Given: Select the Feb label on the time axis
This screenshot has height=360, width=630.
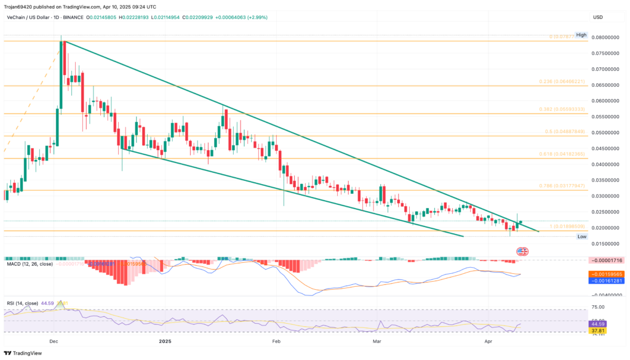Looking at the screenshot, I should (276, 340).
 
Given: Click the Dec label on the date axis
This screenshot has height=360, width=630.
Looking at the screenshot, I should (54, 340).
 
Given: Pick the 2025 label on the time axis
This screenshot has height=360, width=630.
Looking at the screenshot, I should (165, 340).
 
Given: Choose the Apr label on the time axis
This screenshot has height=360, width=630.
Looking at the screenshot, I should (488, 340).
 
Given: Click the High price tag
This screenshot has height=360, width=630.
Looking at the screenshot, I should (581, 35).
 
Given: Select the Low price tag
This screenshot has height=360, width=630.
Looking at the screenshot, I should (581, 236).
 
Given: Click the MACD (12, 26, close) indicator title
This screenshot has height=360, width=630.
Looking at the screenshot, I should (28, 264).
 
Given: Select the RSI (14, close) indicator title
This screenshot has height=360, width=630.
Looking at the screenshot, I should (23, 303).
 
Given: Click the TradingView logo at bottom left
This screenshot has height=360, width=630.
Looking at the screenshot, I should (25, 353).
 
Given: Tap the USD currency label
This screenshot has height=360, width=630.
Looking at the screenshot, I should (597, 17).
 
